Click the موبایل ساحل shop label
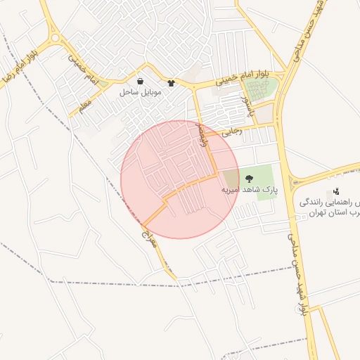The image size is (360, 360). [140, 92]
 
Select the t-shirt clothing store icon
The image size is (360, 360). [171, 82]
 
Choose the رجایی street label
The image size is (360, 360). [231, 131]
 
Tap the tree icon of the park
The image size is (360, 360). [249, 178]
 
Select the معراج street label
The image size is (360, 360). [148, 224]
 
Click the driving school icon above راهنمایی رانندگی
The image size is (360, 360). [337, 191]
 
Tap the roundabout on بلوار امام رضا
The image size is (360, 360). [54, 37]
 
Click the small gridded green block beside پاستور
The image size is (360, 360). [258, 91]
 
